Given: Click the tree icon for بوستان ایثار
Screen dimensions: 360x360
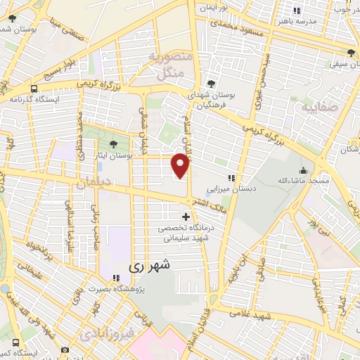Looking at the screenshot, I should click(x=104, y=145).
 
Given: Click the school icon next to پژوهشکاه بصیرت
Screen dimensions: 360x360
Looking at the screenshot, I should click(x=115, y=278).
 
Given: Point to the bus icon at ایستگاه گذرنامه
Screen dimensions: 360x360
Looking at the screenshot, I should click(x=34, y=89).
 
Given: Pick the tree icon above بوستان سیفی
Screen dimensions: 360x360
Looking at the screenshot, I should click(x=350, y=53).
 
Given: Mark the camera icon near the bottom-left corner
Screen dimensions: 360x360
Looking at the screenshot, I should click(x=65, y=349).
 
